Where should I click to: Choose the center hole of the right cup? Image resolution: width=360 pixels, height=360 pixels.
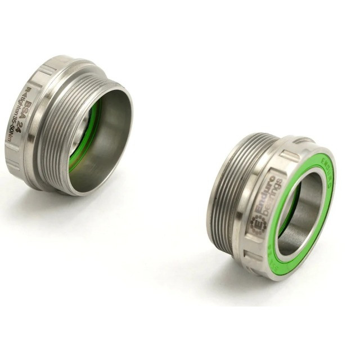coord(301,211)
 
